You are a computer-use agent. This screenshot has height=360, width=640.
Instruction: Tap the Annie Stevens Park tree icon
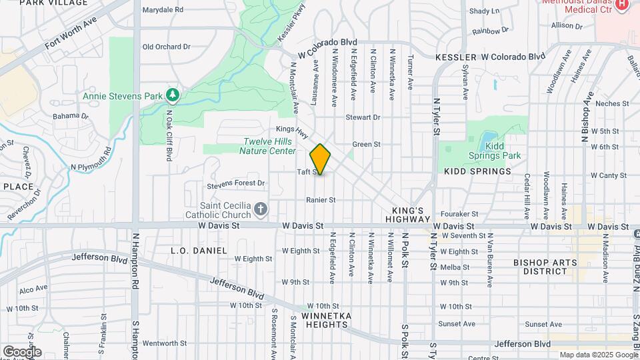click(173, 96)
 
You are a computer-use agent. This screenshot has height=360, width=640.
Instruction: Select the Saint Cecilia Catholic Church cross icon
click(260, 211)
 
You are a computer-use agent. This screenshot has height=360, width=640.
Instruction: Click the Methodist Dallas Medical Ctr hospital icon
click(622, 5)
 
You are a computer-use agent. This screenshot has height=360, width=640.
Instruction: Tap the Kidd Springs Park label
click(503, 151)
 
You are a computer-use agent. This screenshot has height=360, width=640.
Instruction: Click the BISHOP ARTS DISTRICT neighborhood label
click(545, 267)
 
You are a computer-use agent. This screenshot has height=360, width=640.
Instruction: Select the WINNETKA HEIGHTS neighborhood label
click(325, 320)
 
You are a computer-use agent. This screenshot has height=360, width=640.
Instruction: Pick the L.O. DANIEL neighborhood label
click(199, 250)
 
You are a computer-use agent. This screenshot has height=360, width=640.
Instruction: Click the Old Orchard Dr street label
click(167, 47)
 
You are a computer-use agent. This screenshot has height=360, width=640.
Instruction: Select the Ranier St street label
click(320, 199)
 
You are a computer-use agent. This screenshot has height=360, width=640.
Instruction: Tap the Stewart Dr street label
click(363, 117)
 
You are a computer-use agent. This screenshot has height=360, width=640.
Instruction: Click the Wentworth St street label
click(159, 343)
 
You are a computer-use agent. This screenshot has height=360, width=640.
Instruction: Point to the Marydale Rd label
click(163, 10)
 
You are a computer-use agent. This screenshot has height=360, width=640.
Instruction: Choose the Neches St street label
click(612, 103)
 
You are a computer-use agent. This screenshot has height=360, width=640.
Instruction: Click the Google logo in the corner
click(21, 351)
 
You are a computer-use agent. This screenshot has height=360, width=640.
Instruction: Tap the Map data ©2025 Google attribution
click(598, 355)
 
